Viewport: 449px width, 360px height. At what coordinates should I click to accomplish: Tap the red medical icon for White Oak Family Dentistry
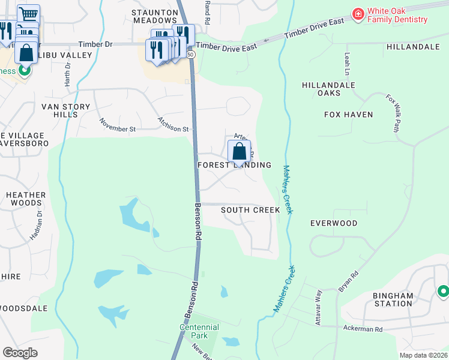(x=358, y=13)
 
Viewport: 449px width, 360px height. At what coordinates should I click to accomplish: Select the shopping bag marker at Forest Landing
(x=239, y=152)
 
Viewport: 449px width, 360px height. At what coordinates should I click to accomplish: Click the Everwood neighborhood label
(x=334, y=223)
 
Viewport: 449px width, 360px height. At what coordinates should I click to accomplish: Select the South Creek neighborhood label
(x=250, y=210)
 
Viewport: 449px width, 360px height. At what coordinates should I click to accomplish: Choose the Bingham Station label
(x=393, y=299)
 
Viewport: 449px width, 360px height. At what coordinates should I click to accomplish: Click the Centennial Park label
(x=199, y=331)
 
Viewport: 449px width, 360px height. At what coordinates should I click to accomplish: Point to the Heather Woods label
(x=26, y=199)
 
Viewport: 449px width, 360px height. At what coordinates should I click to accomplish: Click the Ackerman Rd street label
(x=363, y=329)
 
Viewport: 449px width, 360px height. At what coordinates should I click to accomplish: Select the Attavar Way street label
(x=319, y=308)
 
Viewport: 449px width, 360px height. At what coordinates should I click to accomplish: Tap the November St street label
(x=118, y=128)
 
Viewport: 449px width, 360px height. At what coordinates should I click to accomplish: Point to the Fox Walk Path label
(x=393, y=112)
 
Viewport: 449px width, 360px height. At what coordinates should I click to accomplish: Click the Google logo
(x=20, y=352)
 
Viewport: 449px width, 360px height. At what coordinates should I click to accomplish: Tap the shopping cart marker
(x=28, y=14)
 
